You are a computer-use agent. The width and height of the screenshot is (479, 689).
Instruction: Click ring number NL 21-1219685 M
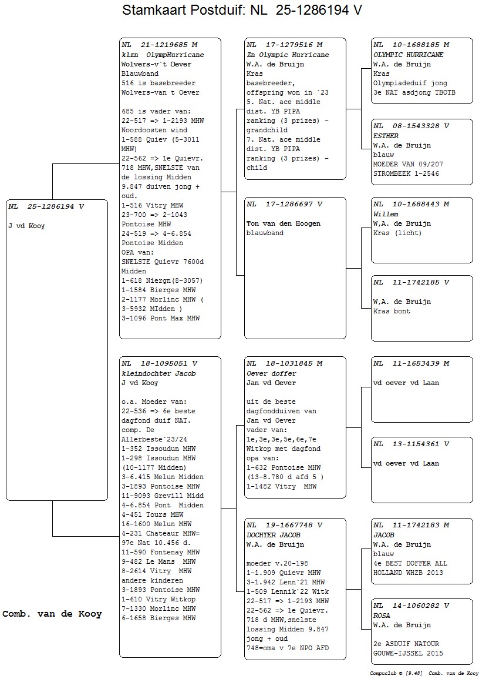[x=160, y=45]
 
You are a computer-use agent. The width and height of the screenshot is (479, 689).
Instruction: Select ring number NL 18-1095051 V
[x=160, y=363]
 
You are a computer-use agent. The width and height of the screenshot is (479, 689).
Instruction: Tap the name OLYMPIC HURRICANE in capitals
[x=409, y=55]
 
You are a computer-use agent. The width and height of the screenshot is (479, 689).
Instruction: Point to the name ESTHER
[x=386, y=136]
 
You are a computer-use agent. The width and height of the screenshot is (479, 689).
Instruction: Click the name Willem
[x=386, y=214]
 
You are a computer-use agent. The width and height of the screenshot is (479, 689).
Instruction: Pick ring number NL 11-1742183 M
[x=411, y=525]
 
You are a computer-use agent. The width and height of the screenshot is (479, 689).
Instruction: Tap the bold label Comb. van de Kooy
[x=52, y=614]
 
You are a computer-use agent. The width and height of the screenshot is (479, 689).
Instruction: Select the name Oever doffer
[x=272, y=373]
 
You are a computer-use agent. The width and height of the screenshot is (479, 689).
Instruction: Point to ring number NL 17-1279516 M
[x=285, y=45]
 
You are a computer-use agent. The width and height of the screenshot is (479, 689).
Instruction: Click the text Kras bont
[x=392, y=311]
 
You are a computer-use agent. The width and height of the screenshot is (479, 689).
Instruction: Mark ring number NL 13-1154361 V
[x=411, y=444]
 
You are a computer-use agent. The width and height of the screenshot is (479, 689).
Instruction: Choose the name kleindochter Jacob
[x=158, y=373]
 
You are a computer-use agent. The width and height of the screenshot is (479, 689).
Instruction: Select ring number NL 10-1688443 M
[x=411, y=204]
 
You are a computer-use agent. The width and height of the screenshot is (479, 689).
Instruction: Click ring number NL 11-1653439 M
[x=411, y=363]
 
